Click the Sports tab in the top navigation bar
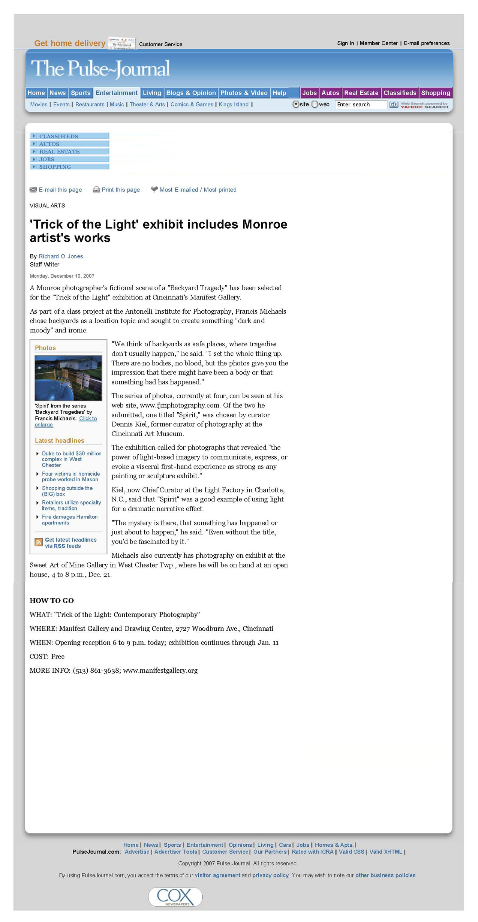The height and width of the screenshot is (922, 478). click(x=81, y=93)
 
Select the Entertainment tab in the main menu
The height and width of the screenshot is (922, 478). click(x=117, y=93)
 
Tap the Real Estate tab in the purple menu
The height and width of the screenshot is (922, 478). click(x=361, y=93)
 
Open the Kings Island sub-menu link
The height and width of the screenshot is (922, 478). click(x=234, y=105)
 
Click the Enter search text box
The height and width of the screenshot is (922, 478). click(x=361, y=105)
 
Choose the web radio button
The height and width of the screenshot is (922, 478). click(x=315, y=105)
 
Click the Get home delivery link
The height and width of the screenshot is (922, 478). click(x=70, y=43)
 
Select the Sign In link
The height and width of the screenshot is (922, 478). click(x=345, y=43)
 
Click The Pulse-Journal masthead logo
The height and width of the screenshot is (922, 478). click(x=100, y=69)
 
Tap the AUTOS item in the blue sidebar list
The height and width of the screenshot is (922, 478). click(x=49, y=144)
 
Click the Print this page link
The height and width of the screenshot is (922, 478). click(x=121, y=190)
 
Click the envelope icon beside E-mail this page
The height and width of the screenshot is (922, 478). click(x=33, y=190)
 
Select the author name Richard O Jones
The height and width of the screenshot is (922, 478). click(x=61, y=256)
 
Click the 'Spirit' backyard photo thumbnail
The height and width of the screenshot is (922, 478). click(x=68, y=378)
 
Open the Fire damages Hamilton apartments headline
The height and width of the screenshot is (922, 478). click(x=70, y=520)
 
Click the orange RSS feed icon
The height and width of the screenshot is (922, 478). click(x=39, y=542)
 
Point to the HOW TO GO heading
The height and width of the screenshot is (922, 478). click(x=52, y=600)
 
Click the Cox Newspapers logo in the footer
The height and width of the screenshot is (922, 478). click(x=175, y=897)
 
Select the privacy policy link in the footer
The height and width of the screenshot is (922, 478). click(x=270, y=875)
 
